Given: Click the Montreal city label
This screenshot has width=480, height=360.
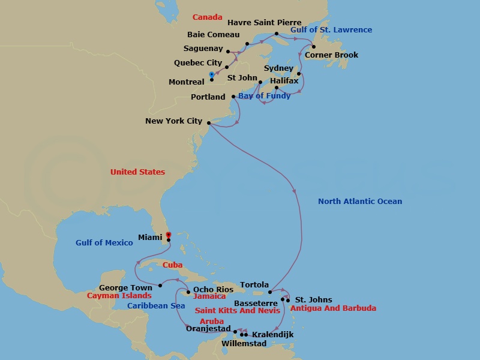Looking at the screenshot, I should coord(187,82).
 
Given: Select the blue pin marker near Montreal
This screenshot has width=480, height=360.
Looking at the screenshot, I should coord(211,75).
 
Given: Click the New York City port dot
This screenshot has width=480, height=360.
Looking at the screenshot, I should coord(208,123).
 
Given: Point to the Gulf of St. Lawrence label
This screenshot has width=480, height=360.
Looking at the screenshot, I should coord(331,30).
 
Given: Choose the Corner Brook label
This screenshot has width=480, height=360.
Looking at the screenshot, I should coord(331,55).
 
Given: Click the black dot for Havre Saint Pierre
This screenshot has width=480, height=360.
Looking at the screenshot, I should coord(277,34).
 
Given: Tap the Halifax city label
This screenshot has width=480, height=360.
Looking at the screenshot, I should coord(284,80).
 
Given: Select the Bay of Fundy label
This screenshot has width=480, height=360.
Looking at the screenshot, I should coord(264,96).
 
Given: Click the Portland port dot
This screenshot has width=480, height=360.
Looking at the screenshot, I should coord(233,97).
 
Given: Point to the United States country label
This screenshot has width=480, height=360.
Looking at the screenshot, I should coord(137,172).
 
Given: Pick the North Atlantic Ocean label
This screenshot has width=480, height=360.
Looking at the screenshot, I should coord(360,202).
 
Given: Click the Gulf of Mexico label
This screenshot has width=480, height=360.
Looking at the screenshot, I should coord(104,243).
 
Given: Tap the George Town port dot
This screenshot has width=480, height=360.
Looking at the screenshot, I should coord(160,285).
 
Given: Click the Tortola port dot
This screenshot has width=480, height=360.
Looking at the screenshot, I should coord(271,292).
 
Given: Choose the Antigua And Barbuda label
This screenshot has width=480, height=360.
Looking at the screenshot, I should coord(333,308).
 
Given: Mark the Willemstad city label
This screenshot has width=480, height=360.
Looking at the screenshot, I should coord(245,344).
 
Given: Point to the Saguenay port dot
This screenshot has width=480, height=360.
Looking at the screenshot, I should coord(228,52).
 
